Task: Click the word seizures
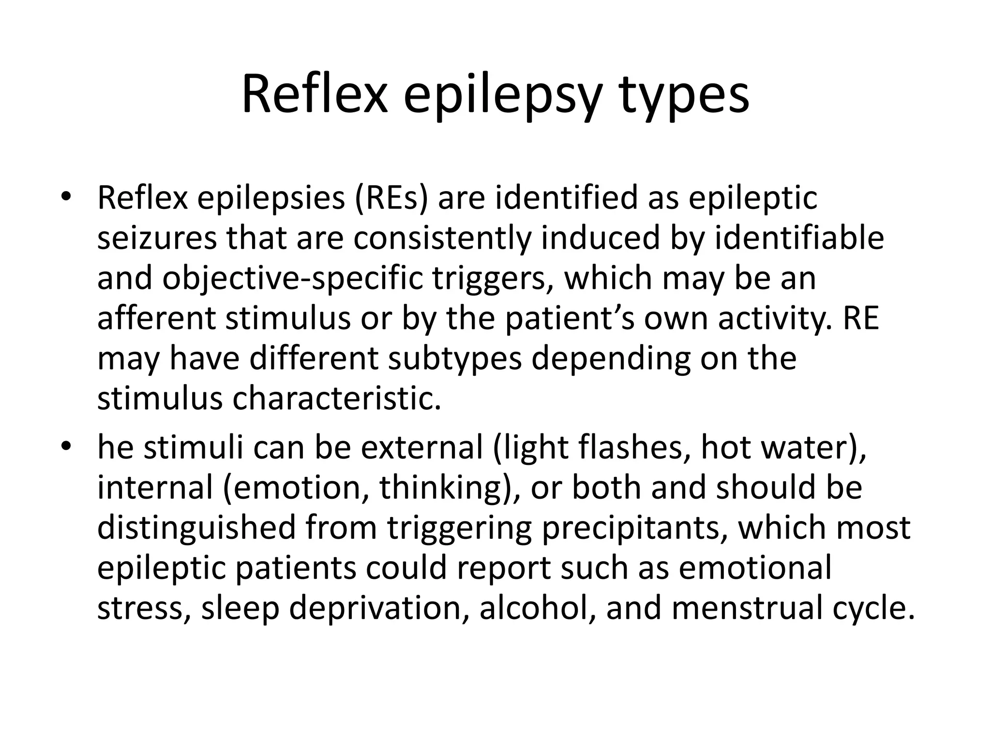157,239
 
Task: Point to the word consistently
442,239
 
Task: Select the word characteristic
337,400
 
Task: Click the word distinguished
196,528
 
